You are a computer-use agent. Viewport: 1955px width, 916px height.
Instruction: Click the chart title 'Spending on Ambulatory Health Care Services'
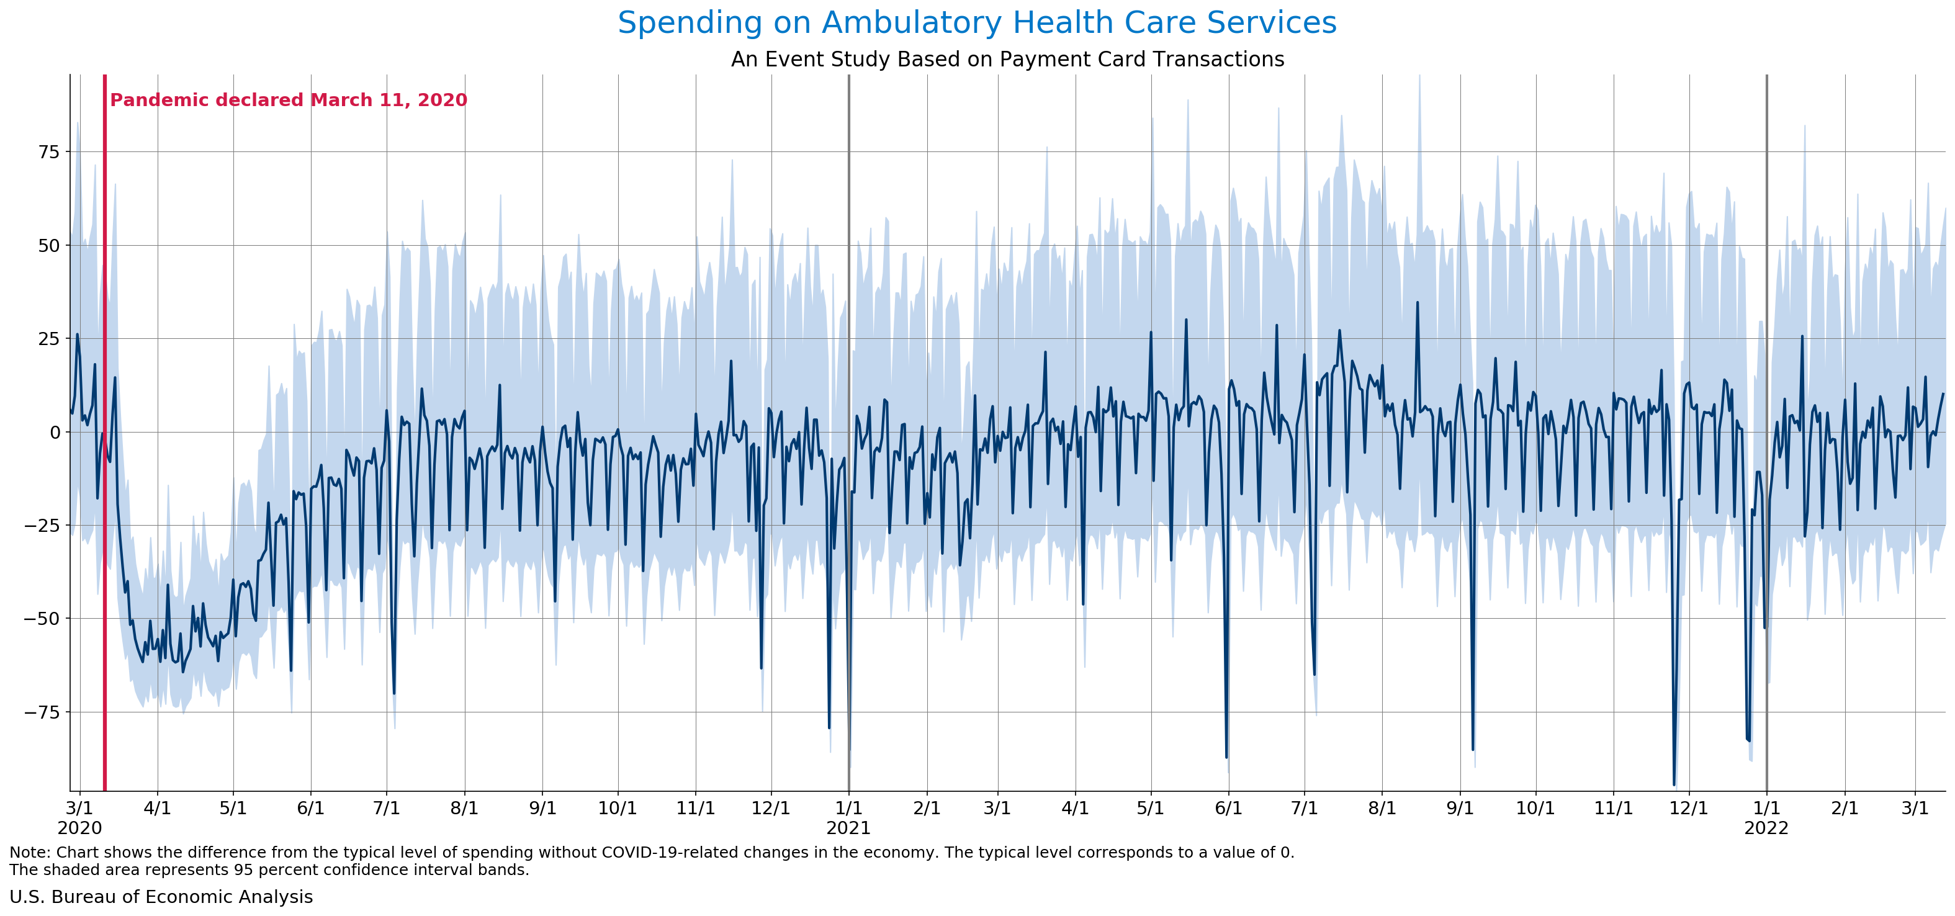coord(977,23)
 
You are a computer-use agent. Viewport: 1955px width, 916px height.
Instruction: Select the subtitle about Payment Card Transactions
coord(1007,59)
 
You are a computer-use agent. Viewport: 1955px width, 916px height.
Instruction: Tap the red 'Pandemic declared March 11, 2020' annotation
coord(289,100)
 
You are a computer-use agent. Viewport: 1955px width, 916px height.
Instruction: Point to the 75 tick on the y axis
coord(48,152)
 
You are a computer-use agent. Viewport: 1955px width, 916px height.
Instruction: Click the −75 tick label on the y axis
coord(41,712)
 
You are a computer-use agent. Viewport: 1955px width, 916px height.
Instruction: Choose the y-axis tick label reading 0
coord(55,432)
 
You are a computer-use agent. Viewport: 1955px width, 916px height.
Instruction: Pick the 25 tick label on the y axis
coord(48,338)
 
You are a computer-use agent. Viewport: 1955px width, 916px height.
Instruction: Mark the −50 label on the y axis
coord(41,619)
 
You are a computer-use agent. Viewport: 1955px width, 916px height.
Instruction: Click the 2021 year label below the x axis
coord(848,828)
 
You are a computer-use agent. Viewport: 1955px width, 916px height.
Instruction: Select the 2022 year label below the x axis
coord(1766,828)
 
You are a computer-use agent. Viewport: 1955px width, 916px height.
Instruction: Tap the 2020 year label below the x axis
coord(79,828)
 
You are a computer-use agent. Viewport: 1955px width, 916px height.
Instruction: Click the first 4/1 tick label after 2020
coord(157,807)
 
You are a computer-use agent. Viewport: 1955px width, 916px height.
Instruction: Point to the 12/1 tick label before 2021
coord(771,807)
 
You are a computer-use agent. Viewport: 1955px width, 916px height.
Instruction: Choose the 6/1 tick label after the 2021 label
coord(1229,807)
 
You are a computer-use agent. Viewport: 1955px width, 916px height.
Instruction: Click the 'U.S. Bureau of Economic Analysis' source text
coord(161,896)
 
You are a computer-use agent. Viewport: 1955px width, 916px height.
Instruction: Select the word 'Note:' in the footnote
coord(30,852)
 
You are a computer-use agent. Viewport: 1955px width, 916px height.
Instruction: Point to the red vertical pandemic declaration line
coord(105,433)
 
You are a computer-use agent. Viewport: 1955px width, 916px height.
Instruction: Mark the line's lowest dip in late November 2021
coord(1674,784)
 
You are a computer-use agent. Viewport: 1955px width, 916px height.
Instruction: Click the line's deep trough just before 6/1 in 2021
coord(1226,757)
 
